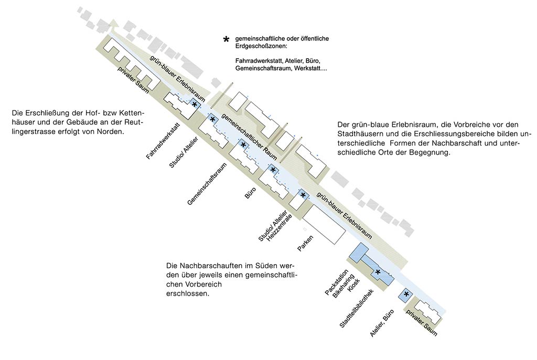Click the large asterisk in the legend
coord(227,40)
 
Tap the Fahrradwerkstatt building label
coord(164,140)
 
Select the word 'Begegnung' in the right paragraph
coord(432,153)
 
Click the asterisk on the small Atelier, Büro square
coord(406,294)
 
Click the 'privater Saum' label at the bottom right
coord(422,322)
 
